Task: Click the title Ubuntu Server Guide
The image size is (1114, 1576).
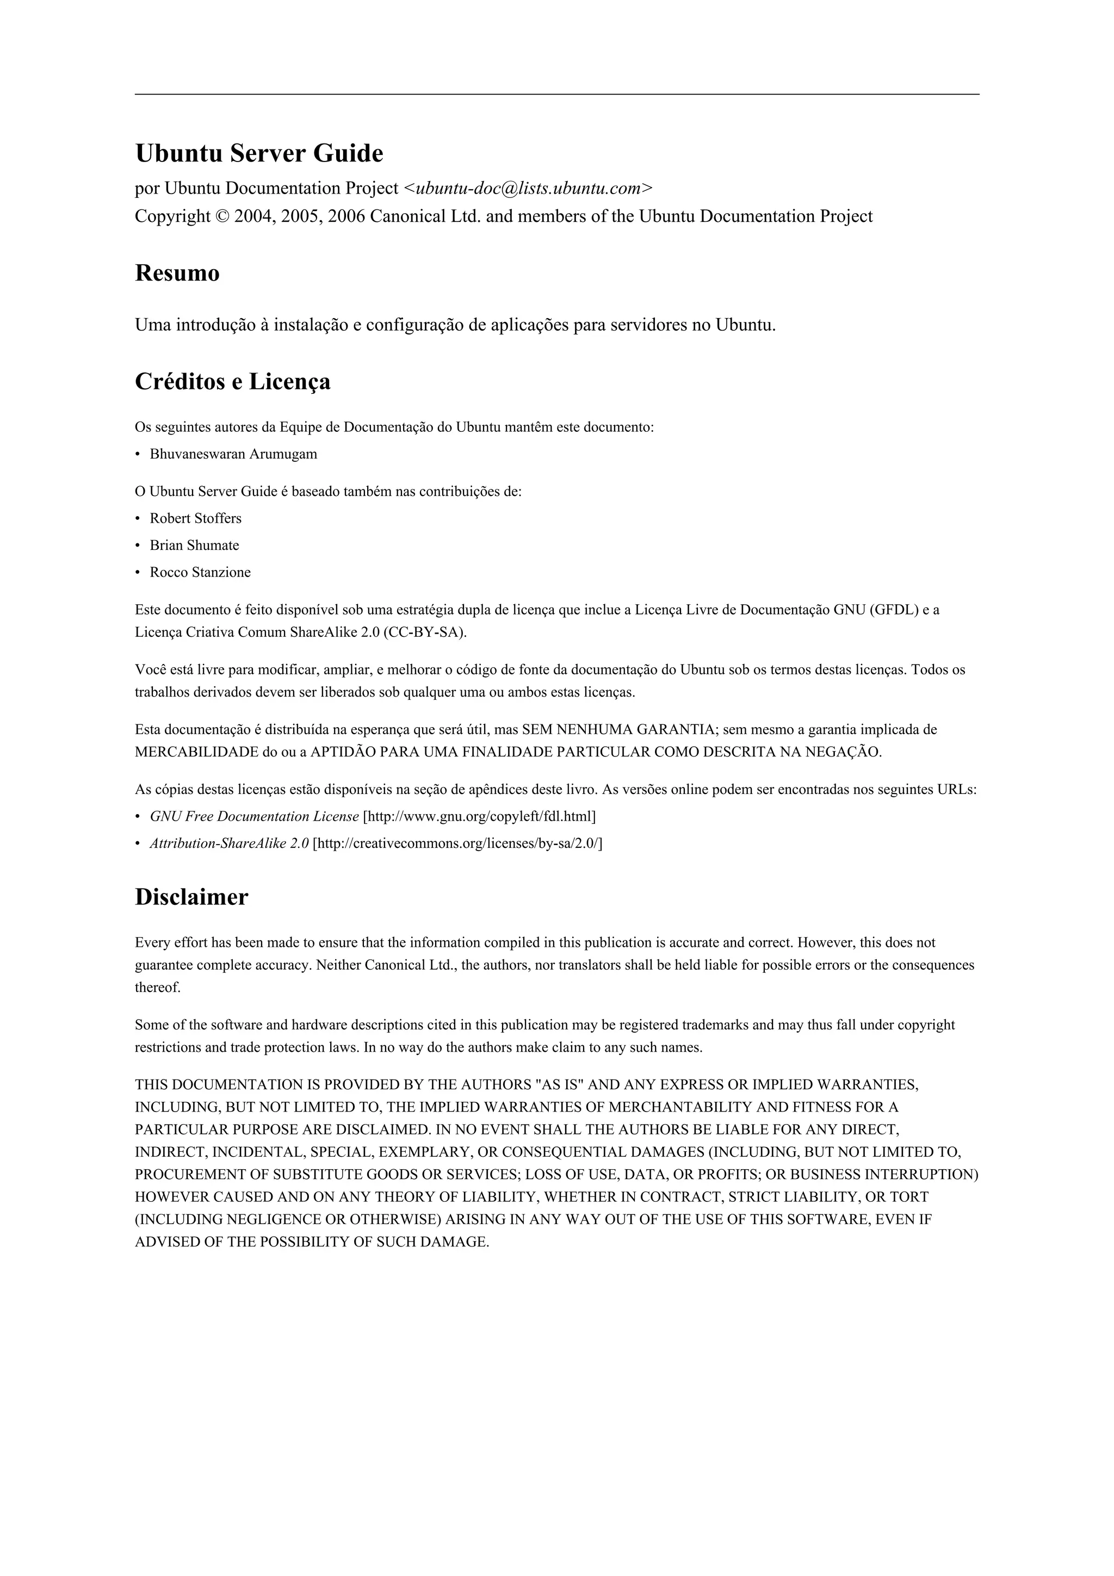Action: coord(259,153)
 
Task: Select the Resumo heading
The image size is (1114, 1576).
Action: coord(177,273)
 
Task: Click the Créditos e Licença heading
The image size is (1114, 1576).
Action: coord(232,382)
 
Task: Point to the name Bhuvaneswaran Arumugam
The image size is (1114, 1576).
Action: coord(233,454)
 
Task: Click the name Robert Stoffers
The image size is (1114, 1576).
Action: coord(196,518)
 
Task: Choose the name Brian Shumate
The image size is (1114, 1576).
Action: coord(194,545)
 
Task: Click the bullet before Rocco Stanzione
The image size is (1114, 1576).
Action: coord(138,573)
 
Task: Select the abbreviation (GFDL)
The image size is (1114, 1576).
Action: coord(894,610)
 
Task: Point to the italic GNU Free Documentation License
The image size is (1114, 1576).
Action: coord(254,816)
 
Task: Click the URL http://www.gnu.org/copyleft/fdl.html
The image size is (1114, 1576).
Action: coord(479,816)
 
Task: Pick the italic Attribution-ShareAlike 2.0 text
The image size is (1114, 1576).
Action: coord(229,843)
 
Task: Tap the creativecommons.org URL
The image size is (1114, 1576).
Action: coord(457,843)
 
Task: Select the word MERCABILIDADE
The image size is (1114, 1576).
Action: coord(196,752)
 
